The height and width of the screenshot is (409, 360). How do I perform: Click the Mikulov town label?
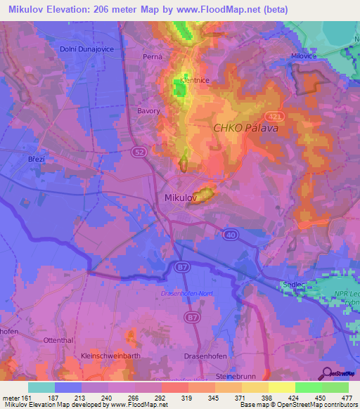180,199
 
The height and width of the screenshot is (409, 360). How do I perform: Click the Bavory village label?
148,111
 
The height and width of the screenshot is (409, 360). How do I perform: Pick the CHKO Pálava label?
247,129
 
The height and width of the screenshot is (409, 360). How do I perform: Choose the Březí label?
37,160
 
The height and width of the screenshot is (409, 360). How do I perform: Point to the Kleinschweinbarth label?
108,356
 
